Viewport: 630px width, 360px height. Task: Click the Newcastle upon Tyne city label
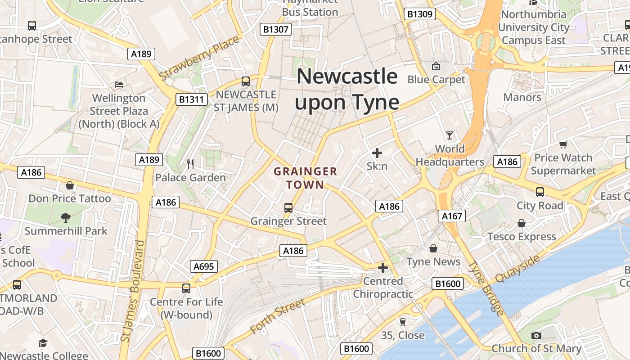pos(347,89)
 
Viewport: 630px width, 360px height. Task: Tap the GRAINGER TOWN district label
pos(306,178)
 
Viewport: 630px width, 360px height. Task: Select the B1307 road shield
pos(276,30)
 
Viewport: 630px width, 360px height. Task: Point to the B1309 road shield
pos(420,14)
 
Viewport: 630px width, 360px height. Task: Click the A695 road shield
pos(203,266)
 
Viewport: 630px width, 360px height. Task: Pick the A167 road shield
pos(452,216)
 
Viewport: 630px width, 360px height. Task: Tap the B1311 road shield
pos(191,99)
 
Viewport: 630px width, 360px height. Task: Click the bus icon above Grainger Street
pos(288,208)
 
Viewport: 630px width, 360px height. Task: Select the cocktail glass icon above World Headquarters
pos(449,135)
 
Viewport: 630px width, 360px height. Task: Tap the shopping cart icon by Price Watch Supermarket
pos(563,144)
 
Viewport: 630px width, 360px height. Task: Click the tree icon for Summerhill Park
pos(66,218)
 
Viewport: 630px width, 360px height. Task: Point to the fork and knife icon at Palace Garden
pos(190,164)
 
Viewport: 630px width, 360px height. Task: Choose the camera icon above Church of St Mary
pos(536,335)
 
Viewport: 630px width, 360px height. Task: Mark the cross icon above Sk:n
pos(377,153)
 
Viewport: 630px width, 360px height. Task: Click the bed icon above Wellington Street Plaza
pos(119,84)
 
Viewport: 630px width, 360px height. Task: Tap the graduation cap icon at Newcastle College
pos(43,343)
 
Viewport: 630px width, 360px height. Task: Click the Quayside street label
pos(517,269)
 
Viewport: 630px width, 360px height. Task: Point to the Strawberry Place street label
pos(199,58)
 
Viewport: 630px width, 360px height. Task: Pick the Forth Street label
pos(278,317)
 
